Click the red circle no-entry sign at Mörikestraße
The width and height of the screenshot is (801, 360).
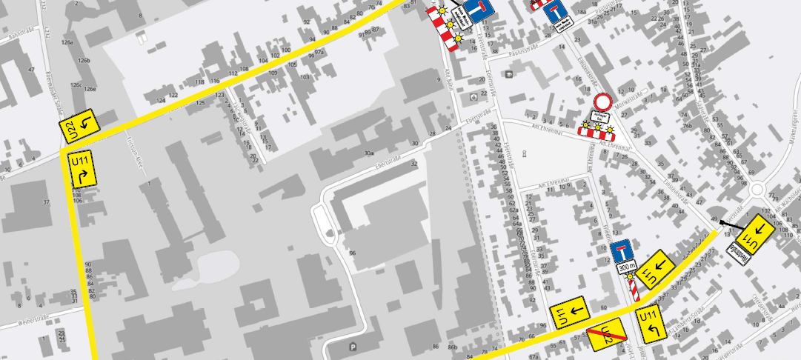coord(603,102)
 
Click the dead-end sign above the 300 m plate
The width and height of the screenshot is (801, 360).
coord(621,250)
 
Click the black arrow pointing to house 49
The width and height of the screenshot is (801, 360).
coord(733,224)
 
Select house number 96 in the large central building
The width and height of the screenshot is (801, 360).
coord(353,254)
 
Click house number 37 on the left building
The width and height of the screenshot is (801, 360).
coord(46,203)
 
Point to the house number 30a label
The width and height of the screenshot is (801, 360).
coord(368,153)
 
